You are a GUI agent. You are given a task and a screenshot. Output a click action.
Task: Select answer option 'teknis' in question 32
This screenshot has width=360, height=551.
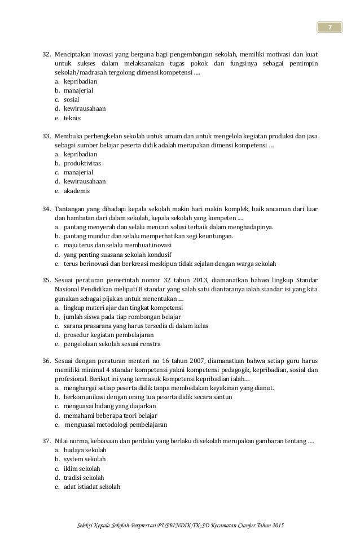point(72,118)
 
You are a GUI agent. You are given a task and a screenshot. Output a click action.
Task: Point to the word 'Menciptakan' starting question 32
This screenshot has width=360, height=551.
point(73,54)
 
